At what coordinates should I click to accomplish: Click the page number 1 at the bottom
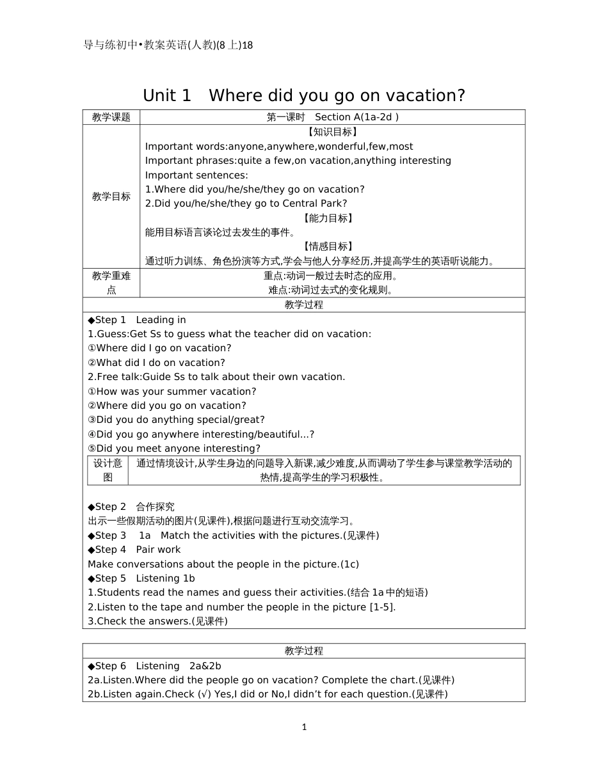(304, 727)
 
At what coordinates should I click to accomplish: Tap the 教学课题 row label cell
(111, 117)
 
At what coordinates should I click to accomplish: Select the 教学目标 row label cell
(111, 196)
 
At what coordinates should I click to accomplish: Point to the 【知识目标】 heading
(332, 132)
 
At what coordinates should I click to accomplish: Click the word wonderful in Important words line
(342, 147)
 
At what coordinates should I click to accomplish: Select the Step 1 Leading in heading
(137, 320)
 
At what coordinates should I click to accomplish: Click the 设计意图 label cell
(108, 470)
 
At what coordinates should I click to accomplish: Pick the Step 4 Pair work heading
(134, 550)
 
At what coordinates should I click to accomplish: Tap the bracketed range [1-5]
(382, 607)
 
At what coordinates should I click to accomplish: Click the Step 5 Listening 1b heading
(141, 578)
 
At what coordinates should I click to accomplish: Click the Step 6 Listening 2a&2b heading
(154, 666)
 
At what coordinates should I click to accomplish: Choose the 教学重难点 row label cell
(111, 283)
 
